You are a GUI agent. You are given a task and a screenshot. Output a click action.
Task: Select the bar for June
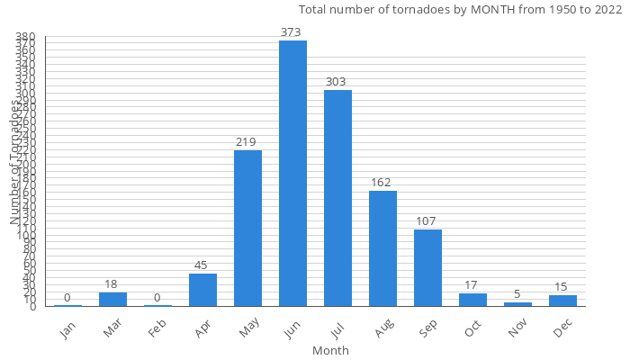[x=292, y=173]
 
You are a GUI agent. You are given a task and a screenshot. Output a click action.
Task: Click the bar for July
[x=337, y=198]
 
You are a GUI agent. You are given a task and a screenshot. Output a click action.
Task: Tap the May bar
[x=247, y=228]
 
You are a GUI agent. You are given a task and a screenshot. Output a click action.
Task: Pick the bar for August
[x=382, y=248]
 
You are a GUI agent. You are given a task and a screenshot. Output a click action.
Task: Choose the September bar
[x=427, y=267]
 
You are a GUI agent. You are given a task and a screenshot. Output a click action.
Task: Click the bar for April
[x=202, y=290]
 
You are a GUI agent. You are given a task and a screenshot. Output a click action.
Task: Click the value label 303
[x=337, y=82]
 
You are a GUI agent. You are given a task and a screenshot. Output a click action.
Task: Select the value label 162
[x=382, y=183]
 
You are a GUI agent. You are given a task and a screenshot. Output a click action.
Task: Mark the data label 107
[x=427, y=221]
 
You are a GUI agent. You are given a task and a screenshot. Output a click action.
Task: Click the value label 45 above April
[x=202, y=265]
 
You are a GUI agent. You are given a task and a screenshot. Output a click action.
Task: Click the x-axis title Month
[x=330, y=350]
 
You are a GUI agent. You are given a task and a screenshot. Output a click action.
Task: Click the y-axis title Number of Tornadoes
[x=15, y=162]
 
